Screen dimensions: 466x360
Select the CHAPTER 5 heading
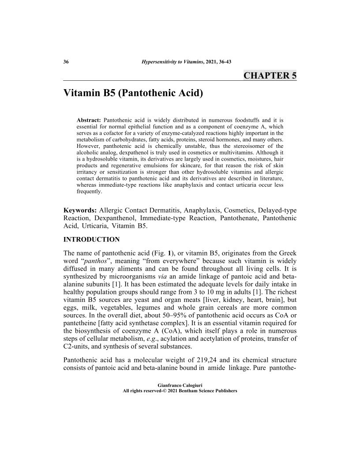(270, 75)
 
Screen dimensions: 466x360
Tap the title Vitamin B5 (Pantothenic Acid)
(133, 94)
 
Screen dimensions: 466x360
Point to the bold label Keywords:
(80, 210)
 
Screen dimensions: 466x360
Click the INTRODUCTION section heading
(92, 240)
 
